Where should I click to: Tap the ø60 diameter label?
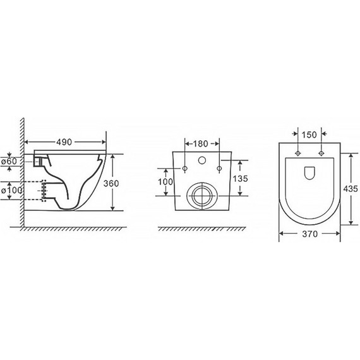point(9,162)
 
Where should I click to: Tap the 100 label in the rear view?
point(165,181)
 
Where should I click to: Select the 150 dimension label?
point(309,135)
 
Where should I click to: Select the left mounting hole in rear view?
point(185,168)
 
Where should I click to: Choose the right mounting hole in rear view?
point(219,168)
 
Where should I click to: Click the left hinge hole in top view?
point(297,153)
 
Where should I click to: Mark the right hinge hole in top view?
point(321,153)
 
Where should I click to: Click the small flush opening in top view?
point(309,171)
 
